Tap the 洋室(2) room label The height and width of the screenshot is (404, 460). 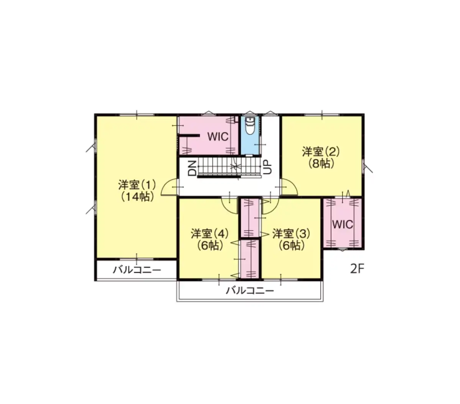pyautogui.click(x=320, y=152)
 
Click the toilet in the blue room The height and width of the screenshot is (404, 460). pyautogui.click(x=250, y=126)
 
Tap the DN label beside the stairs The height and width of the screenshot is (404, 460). pyautogui.click(x=192, y=168)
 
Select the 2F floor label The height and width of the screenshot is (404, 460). pyautogui.click(x=357, y=269)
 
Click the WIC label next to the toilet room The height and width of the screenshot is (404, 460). pyautogui.click(x=217, y=137)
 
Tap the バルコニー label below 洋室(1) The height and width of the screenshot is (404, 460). pyautogui.click(x=137, y=270)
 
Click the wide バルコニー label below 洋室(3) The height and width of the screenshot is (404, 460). pyautogui.click(x=250, y=290)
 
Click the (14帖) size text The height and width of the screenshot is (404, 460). pyautogui.click(x=137, y=197)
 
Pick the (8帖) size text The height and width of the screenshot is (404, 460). pyautogui.click(x=320, y=163)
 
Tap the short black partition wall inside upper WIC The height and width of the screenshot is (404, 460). pyautogui.click(x=189, y=136)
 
